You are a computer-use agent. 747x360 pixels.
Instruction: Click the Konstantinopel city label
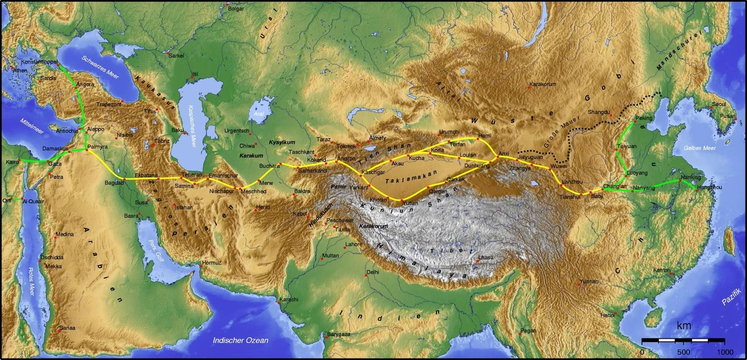pyautogui.click(x=40, y=63)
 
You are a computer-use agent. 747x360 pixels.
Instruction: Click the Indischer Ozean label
pyautogui.click(x=240, y=340)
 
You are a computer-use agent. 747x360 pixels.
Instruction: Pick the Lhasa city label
pyautogui.click(x=486, y=257)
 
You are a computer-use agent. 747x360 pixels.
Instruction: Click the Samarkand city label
pyautogui.click(x=312, y=171)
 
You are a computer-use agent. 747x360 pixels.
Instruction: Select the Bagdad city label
pyautogui.click(x=115, y=183)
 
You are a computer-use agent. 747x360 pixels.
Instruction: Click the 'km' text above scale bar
pyautogui.click(x=684, y=326)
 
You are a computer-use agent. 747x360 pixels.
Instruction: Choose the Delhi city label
pyautogui.click(x=372, y=272)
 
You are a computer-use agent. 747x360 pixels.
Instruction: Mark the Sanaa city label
pyautogui.click(x=67, y=328)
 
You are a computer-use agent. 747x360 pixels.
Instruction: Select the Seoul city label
pyautogui.click(x=719, y=103)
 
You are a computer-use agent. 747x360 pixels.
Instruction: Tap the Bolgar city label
pyautogui.click(x=236, y=9)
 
